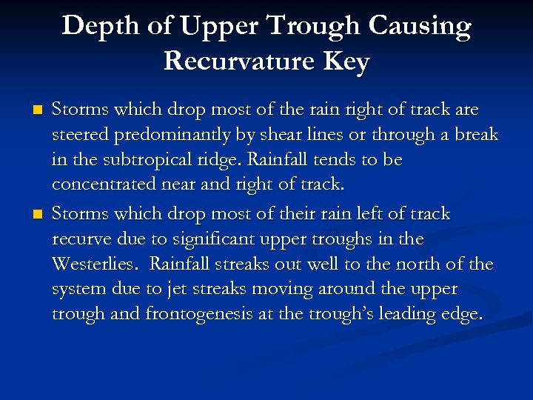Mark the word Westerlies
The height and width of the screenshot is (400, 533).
93,264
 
